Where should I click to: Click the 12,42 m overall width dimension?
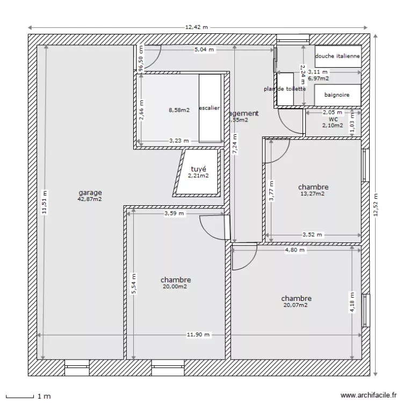[x=197, y=27]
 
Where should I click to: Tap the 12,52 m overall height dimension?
[x=376, y=205]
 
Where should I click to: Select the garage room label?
[x=90, y=192]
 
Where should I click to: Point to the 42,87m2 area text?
[x=90, y=199]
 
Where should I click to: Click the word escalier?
[x=210, y=108]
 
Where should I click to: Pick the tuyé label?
[x=198, y=169]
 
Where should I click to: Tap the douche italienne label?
[x=337, y=56]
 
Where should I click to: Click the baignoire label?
[x=337, y=95]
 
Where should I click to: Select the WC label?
[x=333, y=119]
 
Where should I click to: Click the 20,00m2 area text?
[x=175, y=287]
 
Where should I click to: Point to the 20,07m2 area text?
[x=296, y=305]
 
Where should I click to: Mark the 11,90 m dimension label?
[x=198, y=334]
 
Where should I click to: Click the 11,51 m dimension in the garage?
[x=45, y=203]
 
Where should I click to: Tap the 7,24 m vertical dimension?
[x=234, y=143]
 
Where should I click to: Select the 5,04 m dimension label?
[x=204, y=49]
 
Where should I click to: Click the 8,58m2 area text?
[x=179, y=110]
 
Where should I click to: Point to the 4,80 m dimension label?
[x=294, y=250]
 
